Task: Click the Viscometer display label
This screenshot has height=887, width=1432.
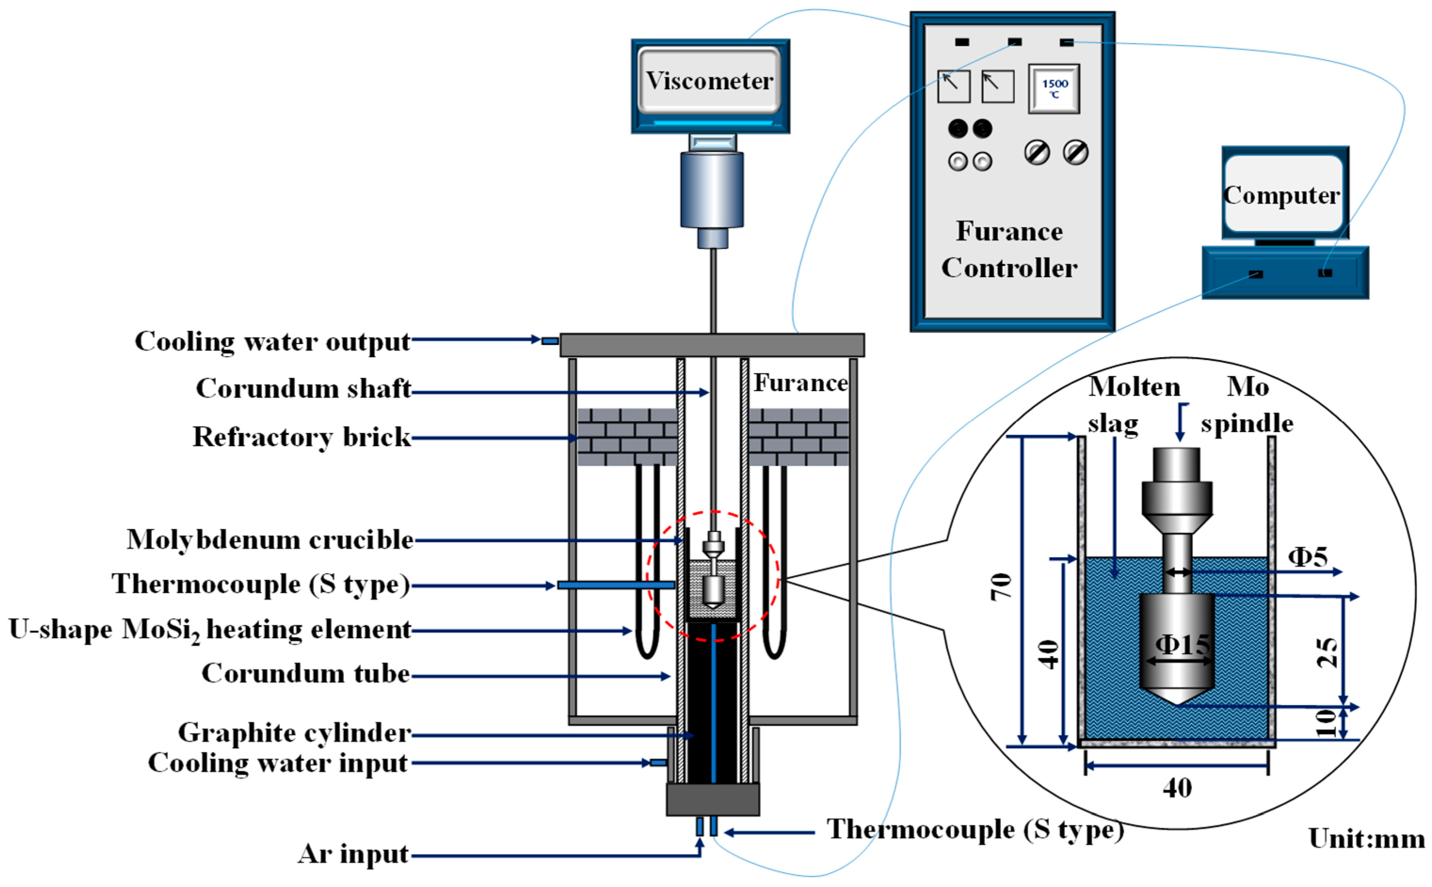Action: [x=709, y=81]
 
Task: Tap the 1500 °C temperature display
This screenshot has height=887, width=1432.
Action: [x=1054, y=88]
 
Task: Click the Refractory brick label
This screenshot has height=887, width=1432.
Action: [x=302, y=437]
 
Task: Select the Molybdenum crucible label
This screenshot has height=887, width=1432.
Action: [x=270, y=540]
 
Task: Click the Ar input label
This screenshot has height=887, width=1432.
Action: [x=352, y=854]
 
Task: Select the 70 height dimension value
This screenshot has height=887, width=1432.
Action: [x=1001, y=587]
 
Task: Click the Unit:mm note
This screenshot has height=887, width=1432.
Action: [x=1366, y=839]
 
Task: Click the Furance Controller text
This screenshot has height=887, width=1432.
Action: [x=1009, y=249]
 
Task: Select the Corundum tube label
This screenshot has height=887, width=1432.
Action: [x=305, y=673]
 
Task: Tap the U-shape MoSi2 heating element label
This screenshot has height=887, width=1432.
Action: [x=209, y=631]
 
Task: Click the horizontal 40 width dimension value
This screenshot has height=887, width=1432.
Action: [x=1177, y=788]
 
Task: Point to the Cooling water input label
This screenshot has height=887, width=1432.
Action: [x=278, y=763]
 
